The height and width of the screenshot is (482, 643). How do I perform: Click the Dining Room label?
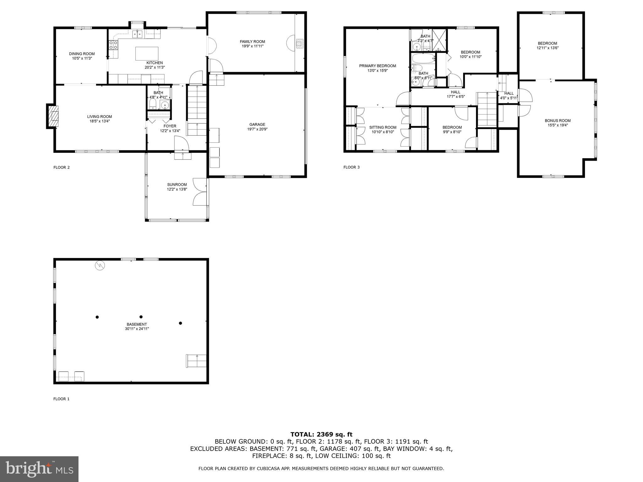tap(82, 54)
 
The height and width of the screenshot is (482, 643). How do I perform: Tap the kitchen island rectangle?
tap(147, 53)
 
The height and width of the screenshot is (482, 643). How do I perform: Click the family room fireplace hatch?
tap(300, 44)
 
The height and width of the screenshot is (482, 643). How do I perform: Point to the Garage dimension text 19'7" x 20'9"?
tap(257, 129)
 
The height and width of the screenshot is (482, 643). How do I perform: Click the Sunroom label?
tap(177, 185)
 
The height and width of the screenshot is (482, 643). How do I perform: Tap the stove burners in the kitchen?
tap(113, 45)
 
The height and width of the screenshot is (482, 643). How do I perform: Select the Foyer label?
tap(170, 126)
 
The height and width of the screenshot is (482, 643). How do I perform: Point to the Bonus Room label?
tap(558, 120)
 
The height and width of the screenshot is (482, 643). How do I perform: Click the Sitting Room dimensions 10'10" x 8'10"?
tap(383, 132)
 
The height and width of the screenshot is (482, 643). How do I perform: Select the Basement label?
tap(137, 324)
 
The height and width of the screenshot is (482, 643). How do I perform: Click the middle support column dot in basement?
tap(141, 317)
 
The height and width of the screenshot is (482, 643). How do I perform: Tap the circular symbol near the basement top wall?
tap(100, 266)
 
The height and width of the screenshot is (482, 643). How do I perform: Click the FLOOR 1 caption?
tap(61, 399)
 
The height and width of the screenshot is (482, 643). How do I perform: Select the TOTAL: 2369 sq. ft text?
tap(321, 434)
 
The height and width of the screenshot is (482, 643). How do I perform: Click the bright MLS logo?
tap(39, 469)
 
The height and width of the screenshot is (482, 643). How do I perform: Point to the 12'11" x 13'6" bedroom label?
tap(547, 48)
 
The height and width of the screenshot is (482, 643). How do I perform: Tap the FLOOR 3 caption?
tap(351, 167)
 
